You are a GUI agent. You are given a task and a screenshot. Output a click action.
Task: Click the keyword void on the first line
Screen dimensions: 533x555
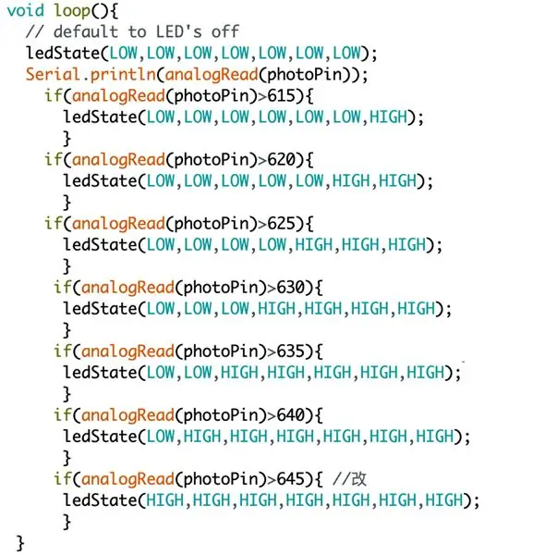pos(26,10)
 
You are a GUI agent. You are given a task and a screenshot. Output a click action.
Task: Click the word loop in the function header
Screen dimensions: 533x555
pos(72,11)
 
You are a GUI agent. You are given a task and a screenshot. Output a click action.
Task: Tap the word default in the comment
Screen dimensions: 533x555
pos(86,31)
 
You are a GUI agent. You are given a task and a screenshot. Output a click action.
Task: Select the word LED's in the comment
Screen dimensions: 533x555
pos(179,31)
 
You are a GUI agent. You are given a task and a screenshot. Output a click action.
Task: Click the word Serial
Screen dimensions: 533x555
pos(53,74)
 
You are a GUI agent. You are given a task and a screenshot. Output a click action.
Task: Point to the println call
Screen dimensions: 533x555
pos(123,75)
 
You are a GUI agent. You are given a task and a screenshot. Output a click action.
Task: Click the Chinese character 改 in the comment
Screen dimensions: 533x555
pos(359,479)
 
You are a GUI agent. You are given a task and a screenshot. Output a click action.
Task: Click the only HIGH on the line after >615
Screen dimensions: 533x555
pos(389,117)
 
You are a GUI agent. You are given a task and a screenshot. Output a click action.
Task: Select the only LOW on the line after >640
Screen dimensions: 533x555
pos(161,436)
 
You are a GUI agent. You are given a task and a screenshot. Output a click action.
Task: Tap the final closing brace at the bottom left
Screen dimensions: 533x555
pos(20,543)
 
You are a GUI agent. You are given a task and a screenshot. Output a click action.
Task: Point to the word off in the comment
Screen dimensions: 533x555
pos(225,31)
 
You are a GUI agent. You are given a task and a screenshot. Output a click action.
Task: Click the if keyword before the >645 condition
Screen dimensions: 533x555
pos(63,479)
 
